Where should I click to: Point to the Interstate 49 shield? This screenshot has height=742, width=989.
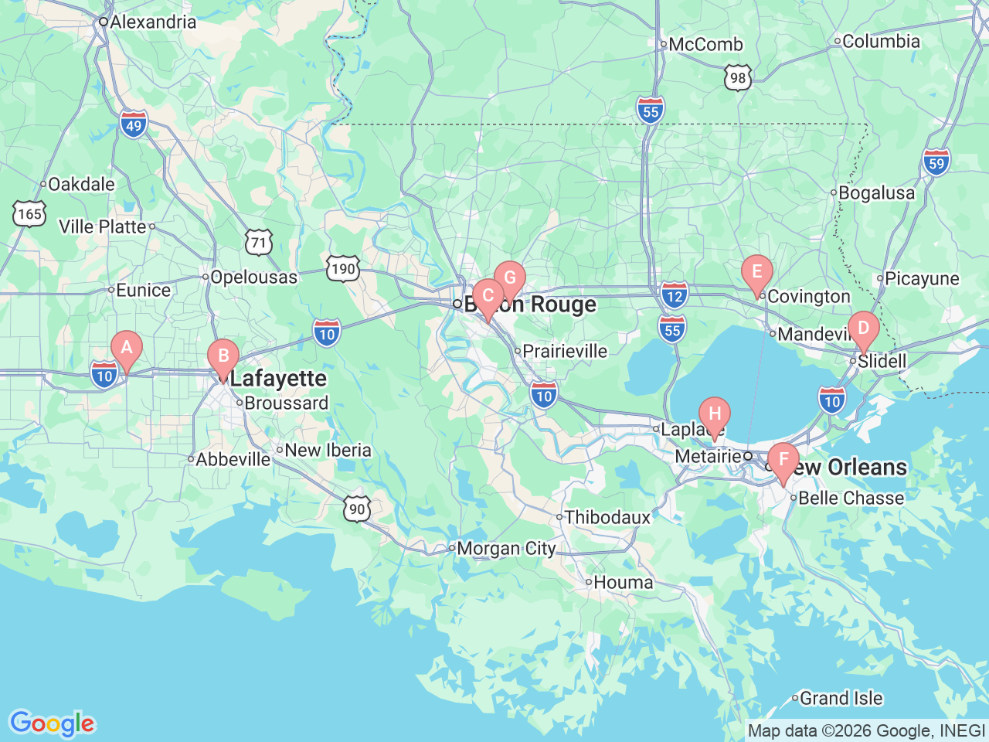[134, 124]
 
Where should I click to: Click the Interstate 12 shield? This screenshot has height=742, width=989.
[675, 294]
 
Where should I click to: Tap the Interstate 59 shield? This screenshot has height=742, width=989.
[936, 163]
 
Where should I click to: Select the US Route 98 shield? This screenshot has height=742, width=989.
[739, 78]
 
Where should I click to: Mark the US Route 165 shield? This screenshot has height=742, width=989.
[29, 213]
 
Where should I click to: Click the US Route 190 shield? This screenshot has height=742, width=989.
[342, 269]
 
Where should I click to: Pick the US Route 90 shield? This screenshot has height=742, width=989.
[357, 509]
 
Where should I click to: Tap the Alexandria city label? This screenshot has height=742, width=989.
[153, 22]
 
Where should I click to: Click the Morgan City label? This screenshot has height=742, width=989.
[506, 549]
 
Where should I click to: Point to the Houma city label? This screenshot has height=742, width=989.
[623, 582]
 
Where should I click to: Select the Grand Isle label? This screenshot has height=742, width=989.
[841, 699]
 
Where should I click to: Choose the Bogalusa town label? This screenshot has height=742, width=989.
[876, 192]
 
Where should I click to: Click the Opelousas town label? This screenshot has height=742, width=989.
[253, 277]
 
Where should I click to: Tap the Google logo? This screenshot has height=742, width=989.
[52, 723]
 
